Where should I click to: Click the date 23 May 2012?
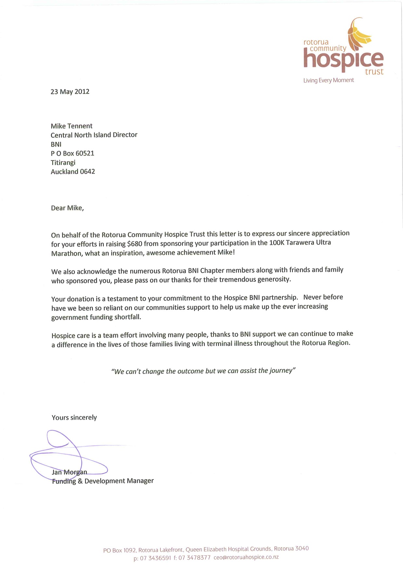pos(70,92)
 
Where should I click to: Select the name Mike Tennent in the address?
pos(71,126)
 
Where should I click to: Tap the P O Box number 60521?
pos(85,153)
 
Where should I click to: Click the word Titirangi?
pos(63,162)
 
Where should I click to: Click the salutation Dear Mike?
pos(67,208)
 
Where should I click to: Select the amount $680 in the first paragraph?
pos(135,244)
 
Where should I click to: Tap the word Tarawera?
pos(300,242)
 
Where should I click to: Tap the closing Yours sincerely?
pos(74,418)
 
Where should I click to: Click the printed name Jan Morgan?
pos(70,472)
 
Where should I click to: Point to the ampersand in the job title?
pos(80,481)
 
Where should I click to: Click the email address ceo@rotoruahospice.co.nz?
pos(246,557)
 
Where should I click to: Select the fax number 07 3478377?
pos(194,558)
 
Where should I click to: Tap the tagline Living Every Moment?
pos(329,80)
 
